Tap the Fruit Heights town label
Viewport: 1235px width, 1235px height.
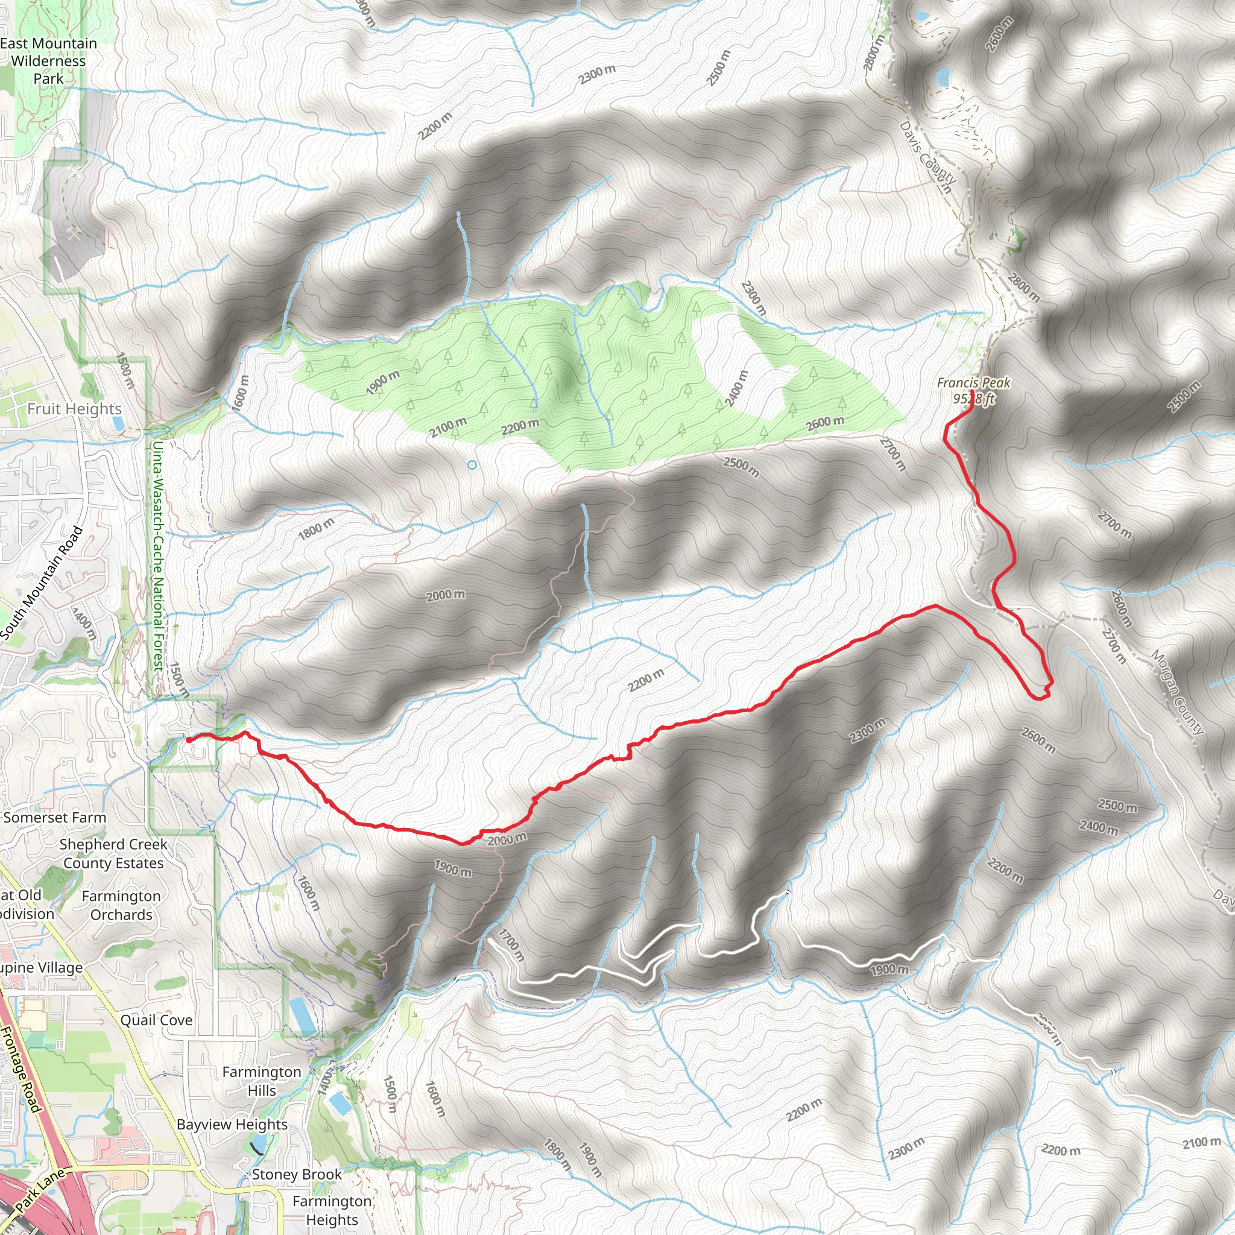(x=74, y=409)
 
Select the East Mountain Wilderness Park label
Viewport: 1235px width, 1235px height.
(x=49, y=62)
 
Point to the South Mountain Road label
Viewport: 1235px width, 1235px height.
(x=42, y=583)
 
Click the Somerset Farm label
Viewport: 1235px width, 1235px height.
(x=55, y=818)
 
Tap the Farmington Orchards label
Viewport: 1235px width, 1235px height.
(x=121, y=905)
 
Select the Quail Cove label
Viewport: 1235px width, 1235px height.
(x=157, y=1020)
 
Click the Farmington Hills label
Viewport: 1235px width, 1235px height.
(x=262, y=1081)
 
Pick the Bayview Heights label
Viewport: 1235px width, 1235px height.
(x=232, y=1125)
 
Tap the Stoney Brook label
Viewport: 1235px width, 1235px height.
(x=297, y=1174)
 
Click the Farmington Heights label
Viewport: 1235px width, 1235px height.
(x=332, y=1211)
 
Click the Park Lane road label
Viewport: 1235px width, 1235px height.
(x=40, y=1190)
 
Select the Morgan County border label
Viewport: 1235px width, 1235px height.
(x=1178, y=692)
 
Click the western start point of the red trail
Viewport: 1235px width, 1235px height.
(x=189, y=739)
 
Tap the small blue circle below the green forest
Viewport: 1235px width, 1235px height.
(x=472, y=466)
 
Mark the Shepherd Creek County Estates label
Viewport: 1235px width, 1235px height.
(x=113, y=853)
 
